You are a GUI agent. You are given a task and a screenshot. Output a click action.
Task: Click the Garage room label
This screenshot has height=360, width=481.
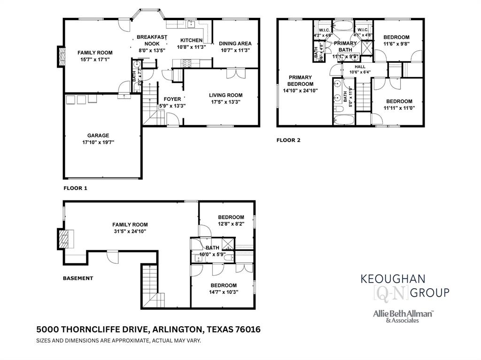(98, 136)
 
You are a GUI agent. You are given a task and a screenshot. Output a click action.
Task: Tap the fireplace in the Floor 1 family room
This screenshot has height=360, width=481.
(61, 56)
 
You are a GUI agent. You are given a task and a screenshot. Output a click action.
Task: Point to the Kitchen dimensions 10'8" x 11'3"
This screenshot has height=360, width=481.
(191, 47)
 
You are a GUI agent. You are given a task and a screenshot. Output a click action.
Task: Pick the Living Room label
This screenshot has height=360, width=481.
(225, 95)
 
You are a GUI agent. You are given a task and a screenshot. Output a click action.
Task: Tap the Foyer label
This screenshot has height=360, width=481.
(172, 99)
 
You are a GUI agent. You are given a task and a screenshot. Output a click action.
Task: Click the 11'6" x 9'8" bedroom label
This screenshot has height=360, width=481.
(396, 38)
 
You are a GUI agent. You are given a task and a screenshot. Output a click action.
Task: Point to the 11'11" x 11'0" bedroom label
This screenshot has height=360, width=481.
(399, 101)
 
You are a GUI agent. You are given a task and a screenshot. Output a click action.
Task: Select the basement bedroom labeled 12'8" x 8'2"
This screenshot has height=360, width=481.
(231, 217)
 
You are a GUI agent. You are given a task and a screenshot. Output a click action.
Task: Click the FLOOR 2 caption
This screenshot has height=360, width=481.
(288, 140)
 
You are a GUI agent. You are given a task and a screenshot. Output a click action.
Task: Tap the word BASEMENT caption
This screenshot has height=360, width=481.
(78, 278)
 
